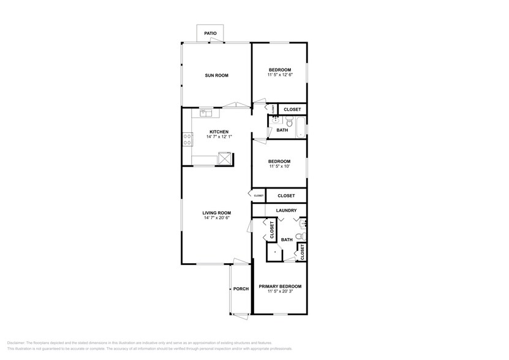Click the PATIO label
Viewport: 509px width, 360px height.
point(210,34)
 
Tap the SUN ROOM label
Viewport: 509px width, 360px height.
point(216,75)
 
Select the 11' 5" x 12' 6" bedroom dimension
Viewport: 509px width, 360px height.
point(279,75)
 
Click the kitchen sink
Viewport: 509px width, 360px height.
point(206,113)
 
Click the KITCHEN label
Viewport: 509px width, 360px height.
point(219,132)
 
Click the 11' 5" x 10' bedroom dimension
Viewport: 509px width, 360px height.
point(279,166)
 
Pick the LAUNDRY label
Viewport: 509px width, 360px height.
point(286,211)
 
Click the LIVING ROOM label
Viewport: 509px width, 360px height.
point(216,212)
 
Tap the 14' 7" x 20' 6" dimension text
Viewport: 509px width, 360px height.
point(216,217)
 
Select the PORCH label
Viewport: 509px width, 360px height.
point(241,289)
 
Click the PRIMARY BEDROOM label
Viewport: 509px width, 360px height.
point(279,287)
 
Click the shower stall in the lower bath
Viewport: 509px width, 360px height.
point(274,252)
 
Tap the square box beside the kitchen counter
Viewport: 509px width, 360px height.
point(225,160)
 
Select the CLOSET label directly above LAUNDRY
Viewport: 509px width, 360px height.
point(286,196)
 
